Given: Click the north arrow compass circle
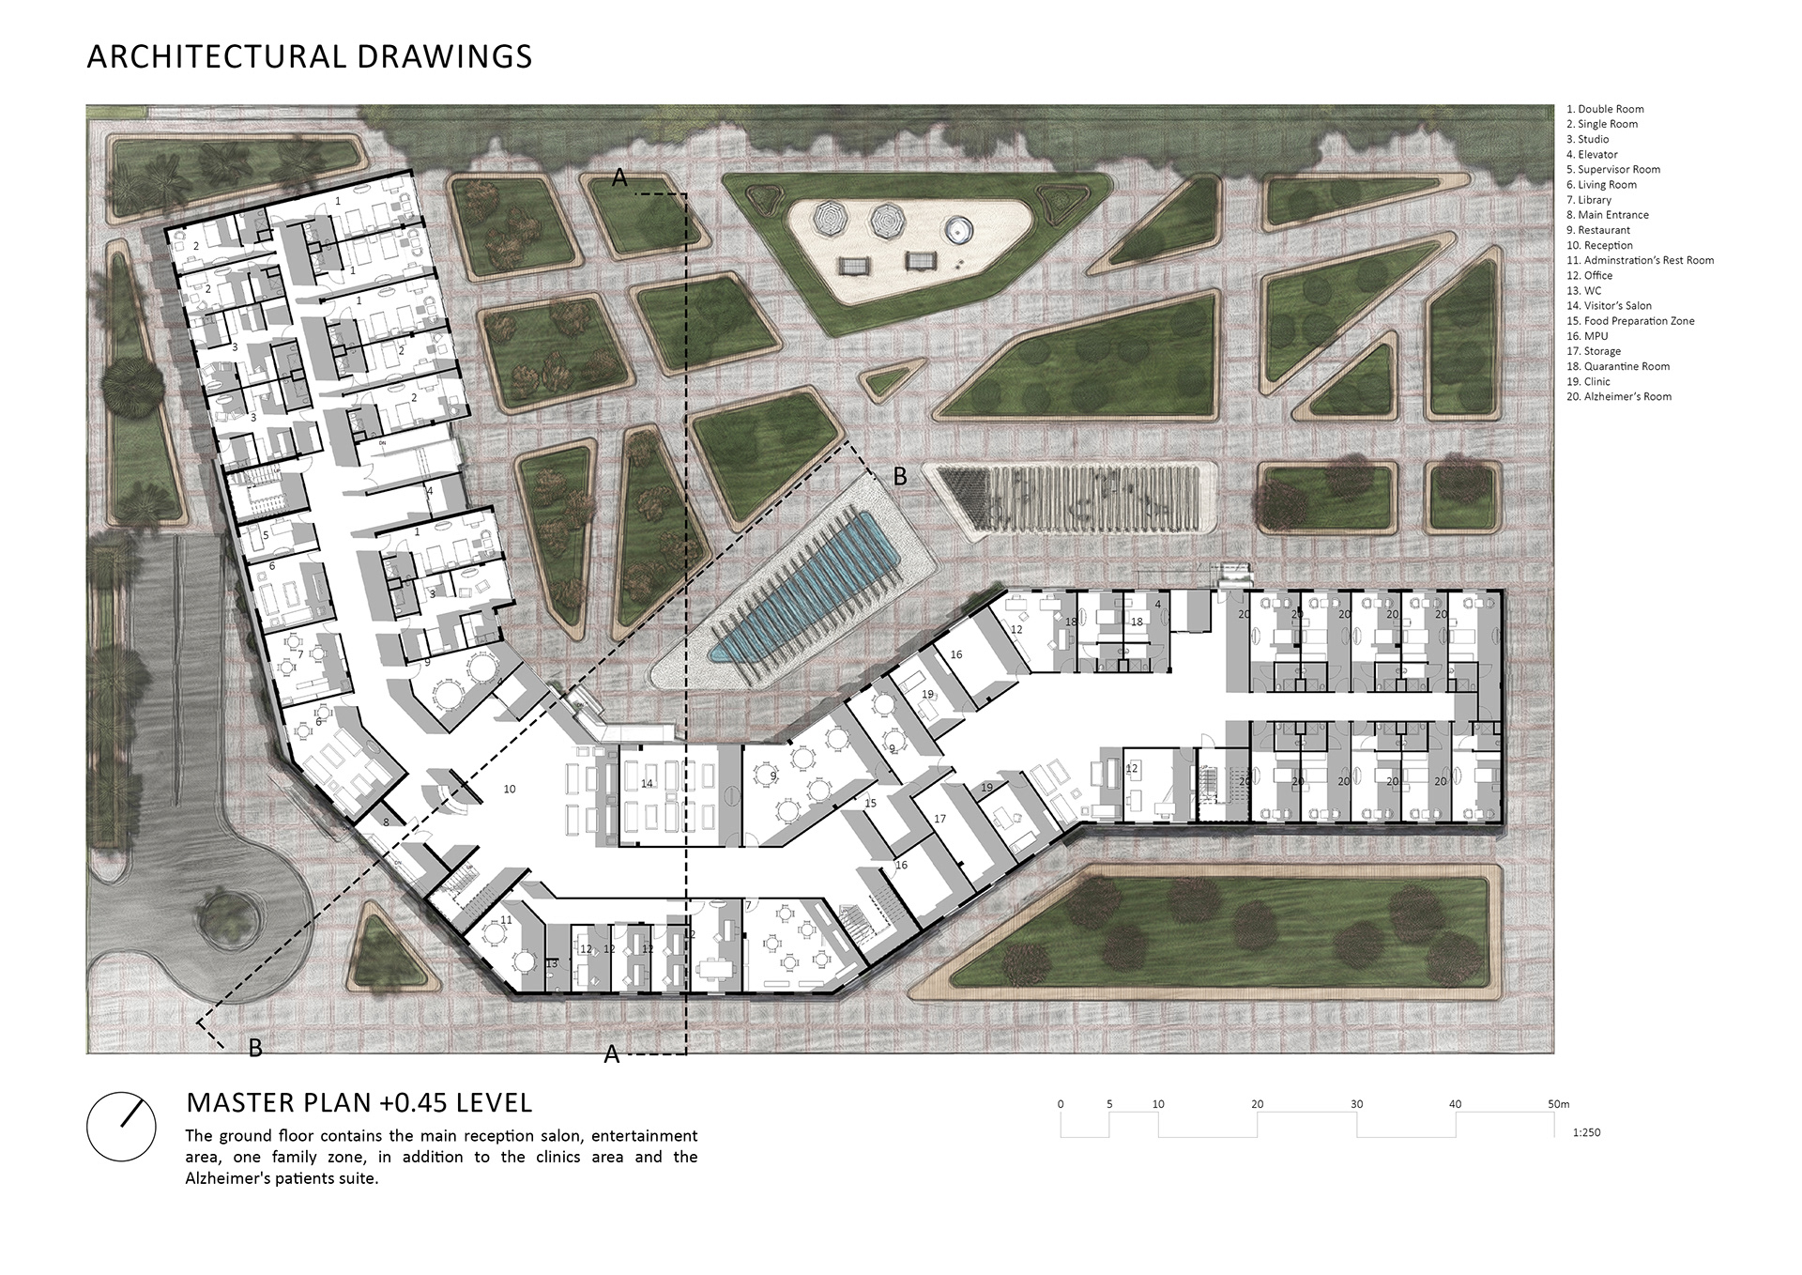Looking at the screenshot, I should coord(121,1127).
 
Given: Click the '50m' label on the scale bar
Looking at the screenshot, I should coord(1559,1104).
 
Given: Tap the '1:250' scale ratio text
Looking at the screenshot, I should coord(1586,1132).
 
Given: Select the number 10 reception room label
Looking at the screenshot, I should coord(509,790).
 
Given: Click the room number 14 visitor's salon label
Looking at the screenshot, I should coord(647,783).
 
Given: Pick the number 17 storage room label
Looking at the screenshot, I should coord(939,819).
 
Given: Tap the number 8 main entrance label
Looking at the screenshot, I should coord(386,822).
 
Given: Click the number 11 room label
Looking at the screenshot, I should coord(506,920).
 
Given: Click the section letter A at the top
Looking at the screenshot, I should coord(619,178).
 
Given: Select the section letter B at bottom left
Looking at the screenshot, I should coord(255,1048).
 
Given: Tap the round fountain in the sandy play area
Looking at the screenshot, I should coord(957,229).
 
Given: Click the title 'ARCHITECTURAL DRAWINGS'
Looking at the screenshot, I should coord(309,56).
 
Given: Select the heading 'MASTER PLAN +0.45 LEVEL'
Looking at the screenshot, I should coord(359,1101).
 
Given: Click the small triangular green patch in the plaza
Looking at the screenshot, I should coord(885,380).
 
